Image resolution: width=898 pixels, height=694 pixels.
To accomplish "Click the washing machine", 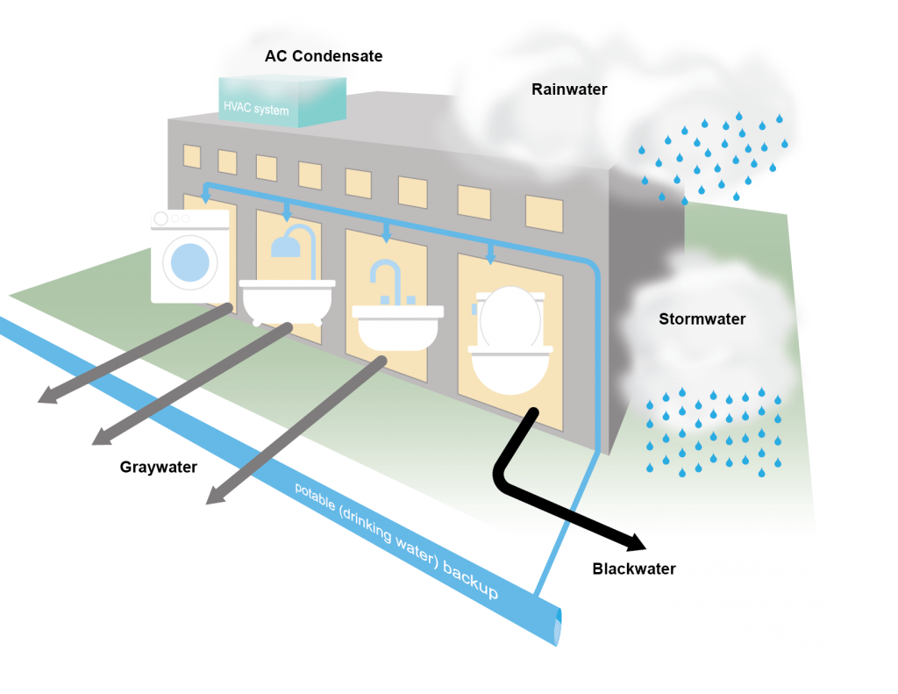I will pyautogui.click(x=190, y=255).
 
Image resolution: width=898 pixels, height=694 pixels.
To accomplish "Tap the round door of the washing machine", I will pyautogui.click(x=190, y=263).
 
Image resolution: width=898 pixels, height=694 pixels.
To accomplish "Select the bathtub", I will pyautogui.click(x=288, y=299).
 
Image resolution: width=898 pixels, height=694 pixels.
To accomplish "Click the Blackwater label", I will pyautogui.click(x=634, y=569).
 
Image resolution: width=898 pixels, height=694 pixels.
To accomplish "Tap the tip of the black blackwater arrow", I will pyautogui.click(x=644, y=545).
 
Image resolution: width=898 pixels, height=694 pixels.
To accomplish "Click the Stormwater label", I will pyautogui.click(x=702, y=319).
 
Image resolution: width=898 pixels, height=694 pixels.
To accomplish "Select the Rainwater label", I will pyautogui.click(x=569, y=89).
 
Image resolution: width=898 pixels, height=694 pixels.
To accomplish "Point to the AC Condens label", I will pyautogui.click(x=312, y=56).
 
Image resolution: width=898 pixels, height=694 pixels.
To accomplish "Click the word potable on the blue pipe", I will pyautogui.click(x=317, y=499).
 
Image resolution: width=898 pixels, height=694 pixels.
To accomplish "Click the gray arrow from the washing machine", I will pyautogui.click(x=132, y=356).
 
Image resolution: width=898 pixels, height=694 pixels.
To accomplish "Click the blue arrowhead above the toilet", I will pyautogui.click(x=490, y=258).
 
